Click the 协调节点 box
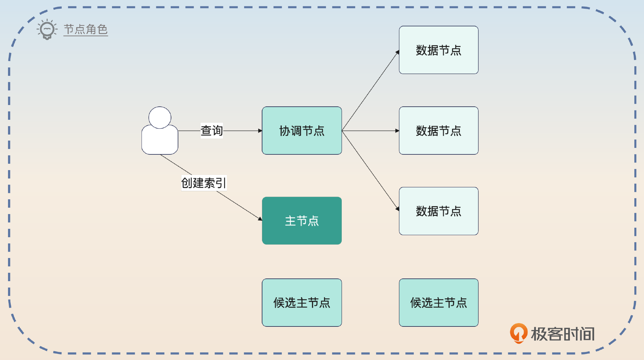[302, 131]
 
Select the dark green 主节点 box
[302, 220]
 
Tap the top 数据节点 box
[438, 50]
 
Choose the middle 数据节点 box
[438, 131]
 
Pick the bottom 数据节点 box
[438, 211]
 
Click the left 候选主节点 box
[302, 302]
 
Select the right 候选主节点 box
[438, 302]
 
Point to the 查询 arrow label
[212, 131]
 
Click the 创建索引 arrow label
[204, 183]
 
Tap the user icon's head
[160, 117]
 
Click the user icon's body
[160, 141]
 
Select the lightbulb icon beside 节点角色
[47, 29]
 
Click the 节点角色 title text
[86, 29]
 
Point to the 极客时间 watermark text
[562, 334]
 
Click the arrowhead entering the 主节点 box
[260, 219]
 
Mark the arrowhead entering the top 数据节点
[397, 52]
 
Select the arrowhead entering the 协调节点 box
[260, 131]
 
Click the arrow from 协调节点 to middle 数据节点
[369, 131]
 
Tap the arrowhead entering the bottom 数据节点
[397, 209]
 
